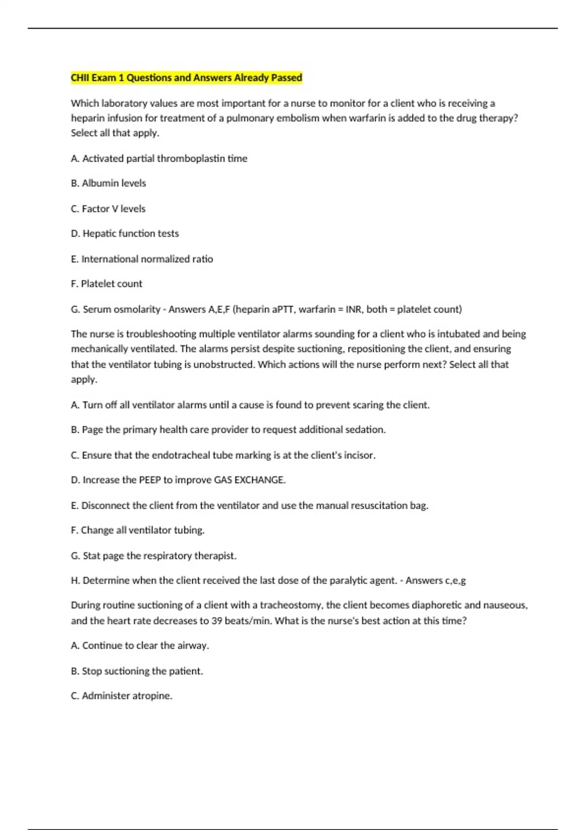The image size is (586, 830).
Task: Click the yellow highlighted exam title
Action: click(x=186, y=78)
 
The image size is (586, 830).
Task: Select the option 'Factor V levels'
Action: click(x=108, y=208)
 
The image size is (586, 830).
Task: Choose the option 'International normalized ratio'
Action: click(x=142, y=259)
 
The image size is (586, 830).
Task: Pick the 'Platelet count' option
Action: click(x=106, y=284)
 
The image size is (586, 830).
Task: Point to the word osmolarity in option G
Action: click(x=137, y=309)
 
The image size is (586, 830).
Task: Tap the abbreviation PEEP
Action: click(x=150, y=480)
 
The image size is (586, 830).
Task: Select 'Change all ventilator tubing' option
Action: click(x=137, y=530)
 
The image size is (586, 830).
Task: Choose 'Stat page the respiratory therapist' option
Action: click(x=153, y=556)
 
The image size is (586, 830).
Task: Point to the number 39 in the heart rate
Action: click(x=217, y=621)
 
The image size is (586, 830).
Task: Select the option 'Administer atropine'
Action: click(x=122, y=696)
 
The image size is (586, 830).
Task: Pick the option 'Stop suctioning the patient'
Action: click(x=137, y=671)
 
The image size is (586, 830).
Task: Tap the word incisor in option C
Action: click(x=358, y=455)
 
